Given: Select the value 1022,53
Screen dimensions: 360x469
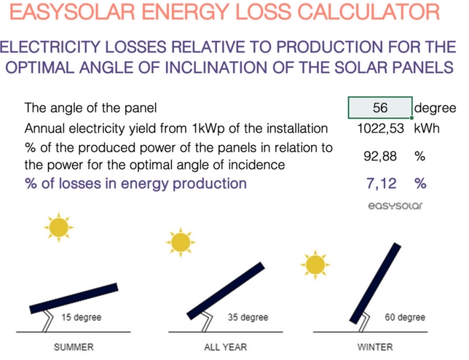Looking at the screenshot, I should pyautogui.click(x=382, y=129).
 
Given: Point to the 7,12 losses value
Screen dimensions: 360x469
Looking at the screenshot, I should pyautogui.click(x=382, y=183).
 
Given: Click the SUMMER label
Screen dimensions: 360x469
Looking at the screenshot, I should pyautogui.click(x=74, y=347).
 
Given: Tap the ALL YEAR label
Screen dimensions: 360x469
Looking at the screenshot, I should pyautogui.click(x=223, y=347).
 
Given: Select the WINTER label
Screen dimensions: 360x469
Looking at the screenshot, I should pyautogui.click(x=376, y=347).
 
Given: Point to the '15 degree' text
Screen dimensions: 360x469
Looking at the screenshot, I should pyautogui.click(x=81, y=318).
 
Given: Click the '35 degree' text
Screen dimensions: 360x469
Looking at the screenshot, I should pyautogui.click(x=248, y=318).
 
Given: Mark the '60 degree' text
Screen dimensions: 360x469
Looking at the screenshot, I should pyautogui.click(x=405, y=318).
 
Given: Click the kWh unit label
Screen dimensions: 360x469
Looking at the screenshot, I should pyautogui.click(x=428, y=129).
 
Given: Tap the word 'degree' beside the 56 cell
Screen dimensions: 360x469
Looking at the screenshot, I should pyautogui.click(x=435, y=109).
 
